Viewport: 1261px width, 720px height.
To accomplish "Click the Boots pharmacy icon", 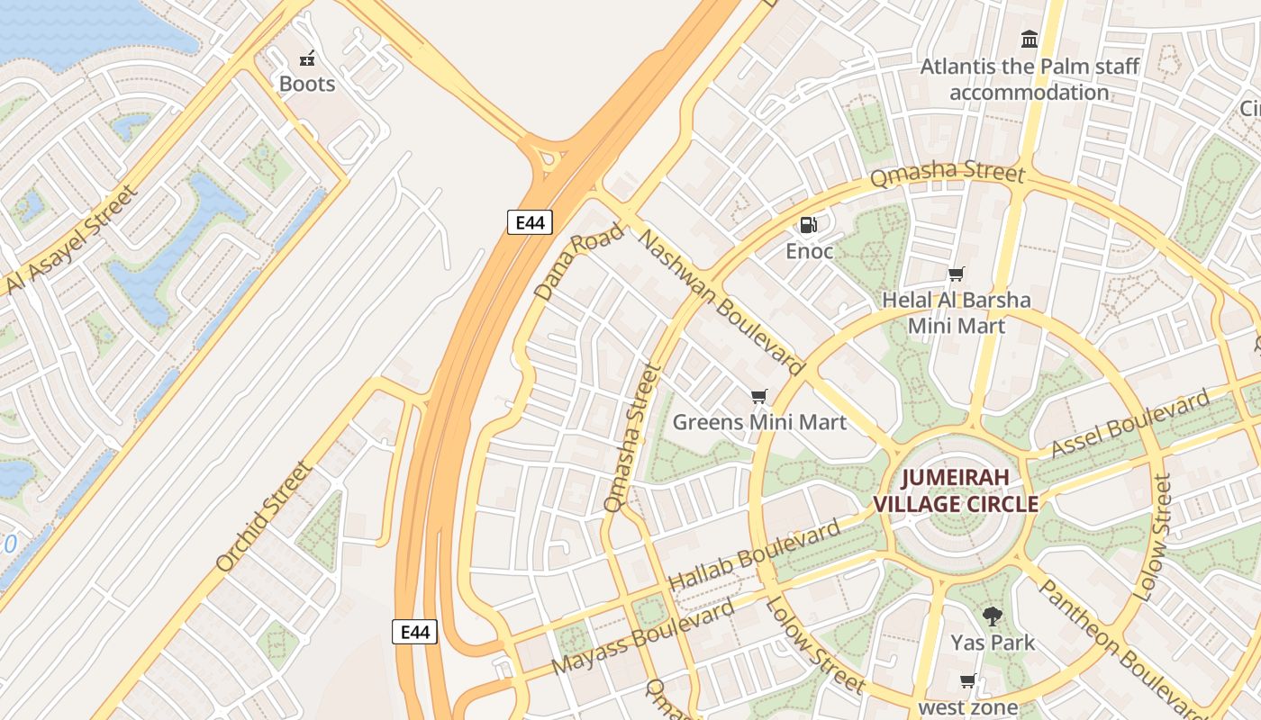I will tap(307, 59).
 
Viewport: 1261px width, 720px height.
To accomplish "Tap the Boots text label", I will tap(307, 84).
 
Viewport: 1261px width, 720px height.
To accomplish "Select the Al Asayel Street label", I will tap(72, 240).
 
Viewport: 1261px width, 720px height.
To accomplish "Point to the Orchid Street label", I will tap(265, 517).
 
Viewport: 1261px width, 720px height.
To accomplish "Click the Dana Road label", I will tap(578, 262).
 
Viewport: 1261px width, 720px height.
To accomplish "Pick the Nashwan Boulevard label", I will tap(721, 301).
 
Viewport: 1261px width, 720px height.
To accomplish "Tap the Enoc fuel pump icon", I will tap(809, 225).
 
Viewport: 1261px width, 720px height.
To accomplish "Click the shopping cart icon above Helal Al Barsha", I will tap(956, 274).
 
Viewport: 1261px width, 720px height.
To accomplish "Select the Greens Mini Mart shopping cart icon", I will tap(759, 397).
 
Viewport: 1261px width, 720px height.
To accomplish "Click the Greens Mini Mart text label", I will tap(759, 422).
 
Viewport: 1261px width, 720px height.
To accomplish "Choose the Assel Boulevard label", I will tap(1130, 424).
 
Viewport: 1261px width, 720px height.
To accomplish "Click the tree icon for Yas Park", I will tap(993, 617).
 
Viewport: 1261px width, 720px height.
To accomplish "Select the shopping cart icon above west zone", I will tap(968, 681).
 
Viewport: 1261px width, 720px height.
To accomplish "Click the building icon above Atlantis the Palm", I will tap(1030, 39).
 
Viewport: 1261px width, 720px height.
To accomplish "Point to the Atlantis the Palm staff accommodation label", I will tap(1030, 79).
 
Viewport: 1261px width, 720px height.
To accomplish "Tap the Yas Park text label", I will tap(993, 643).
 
